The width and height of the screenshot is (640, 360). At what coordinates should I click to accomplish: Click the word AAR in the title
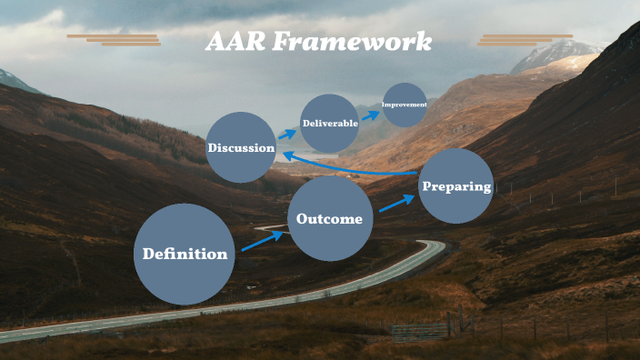pyautogui.click(x=235, y=42)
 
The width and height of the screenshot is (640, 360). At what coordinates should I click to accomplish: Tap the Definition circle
pyautogui.click(x=185, y=255)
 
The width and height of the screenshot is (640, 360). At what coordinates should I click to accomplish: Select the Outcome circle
pyautogui.click(x=330, y=219)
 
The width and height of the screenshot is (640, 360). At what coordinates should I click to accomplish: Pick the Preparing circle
pyautogui.click(x=456, y=186)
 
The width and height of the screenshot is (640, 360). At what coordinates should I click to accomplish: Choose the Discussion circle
pyautogui.click(x=240, y=147)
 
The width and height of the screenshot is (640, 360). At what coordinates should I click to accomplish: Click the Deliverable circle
pyautogui.click(x=329, y=123)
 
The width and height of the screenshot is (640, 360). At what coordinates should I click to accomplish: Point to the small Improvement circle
pyautogui.click(x=405, y=105)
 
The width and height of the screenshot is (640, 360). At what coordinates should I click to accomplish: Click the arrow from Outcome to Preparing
pyautogui.click(x=396, y=202)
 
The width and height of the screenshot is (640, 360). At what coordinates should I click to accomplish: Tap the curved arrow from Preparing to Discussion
pyautogui.click(x=350, y=168)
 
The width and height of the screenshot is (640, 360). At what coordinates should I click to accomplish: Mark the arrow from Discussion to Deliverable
pyautogui.click(x=286, y=135)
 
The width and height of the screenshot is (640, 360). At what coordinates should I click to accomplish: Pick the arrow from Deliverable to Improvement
pyautogui.click(x=371, y=115)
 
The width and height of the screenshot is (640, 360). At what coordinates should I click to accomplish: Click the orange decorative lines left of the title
pyautogui.click(x=115, y=39)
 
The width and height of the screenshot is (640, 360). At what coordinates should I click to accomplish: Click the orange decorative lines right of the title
pyautogui.click(x=525, y=40)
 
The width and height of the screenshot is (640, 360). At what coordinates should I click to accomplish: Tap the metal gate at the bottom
pyautogui.click(x=419, y=330)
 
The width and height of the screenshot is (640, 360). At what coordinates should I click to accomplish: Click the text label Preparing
pyautogui.click(x=456, y=187)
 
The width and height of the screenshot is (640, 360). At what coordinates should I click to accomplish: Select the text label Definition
pyautogui.click(x=185, y=255)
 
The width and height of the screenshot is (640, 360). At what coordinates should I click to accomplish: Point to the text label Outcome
pyautogui.click(x=329, y=219)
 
